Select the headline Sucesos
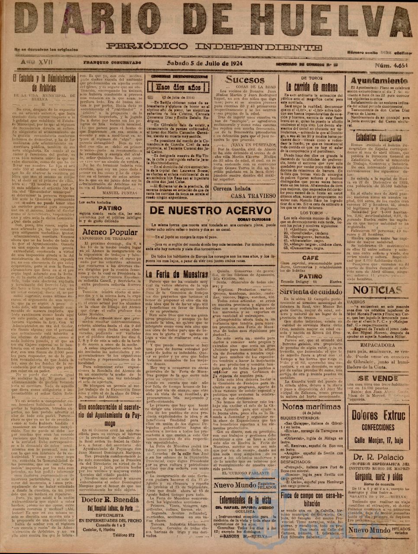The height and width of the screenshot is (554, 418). pyautogui.click(x=245, y=80)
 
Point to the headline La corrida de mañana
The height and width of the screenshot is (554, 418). pyautogui.click(x=309, y=85)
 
